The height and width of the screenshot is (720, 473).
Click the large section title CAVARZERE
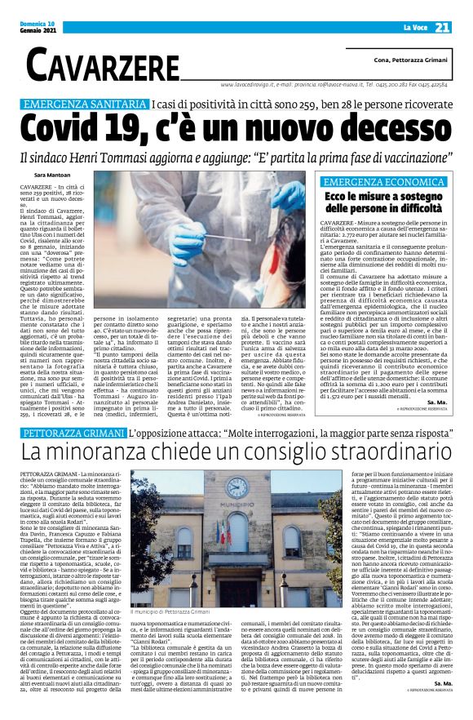103,65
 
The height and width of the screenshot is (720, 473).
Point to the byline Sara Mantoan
53,174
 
